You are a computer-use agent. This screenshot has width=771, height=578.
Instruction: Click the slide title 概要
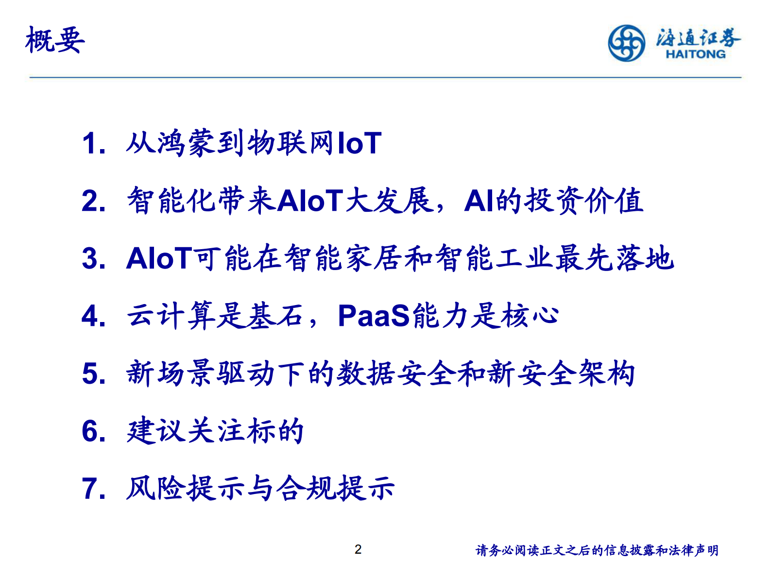click(x=55, y=40)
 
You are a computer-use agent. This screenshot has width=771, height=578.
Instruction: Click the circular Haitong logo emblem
click(x=626, y=43)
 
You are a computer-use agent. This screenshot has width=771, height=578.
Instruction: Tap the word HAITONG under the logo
click(x=695, y=54)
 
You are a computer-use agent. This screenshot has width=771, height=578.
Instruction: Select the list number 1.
click(x=92, y=144)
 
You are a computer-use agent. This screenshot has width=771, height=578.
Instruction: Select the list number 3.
click(x=93, y=258)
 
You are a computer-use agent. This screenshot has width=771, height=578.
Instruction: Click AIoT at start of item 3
click(x=159, y=258)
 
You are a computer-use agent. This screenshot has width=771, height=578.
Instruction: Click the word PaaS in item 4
click(x=374, y=316)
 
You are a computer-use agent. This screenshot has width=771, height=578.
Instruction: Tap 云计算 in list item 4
click(x=171, y=316)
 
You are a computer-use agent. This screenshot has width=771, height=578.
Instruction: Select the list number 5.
click(x=93, y=374)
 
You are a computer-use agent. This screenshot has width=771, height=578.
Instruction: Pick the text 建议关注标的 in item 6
click(x=215, y=431)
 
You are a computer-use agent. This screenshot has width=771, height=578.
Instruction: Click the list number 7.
click(x=93, y=489)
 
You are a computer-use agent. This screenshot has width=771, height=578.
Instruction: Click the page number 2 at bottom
click(x=358, y=549)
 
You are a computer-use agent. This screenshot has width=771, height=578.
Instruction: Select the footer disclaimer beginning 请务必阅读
click(x=597, y=550)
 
